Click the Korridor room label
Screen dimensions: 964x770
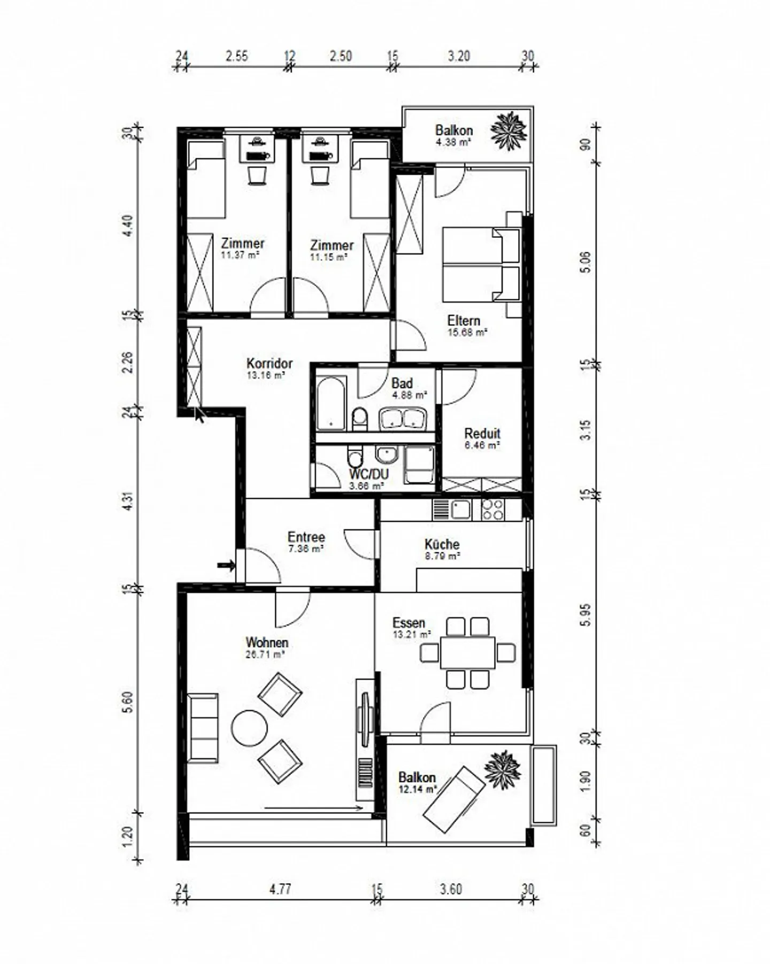tap(269, 364)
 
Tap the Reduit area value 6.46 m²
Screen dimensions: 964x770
tap(482, 445)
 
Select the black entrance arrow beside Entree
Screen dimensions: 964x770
tap(227, 565)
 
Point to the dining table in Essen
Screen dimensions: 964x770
tap(468, 652)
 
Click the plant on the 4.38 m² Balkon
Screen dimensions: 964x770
tap(509, 130)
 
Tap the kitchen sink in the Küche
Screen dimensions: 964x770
tap(459, 510)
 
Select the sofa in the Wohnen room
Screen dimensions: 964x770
tap(203, 727)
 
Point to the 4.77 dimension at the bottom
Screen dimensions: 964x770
tap(280, 889)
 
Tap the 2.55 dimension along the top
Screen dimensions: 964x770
tap(236, 56)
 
